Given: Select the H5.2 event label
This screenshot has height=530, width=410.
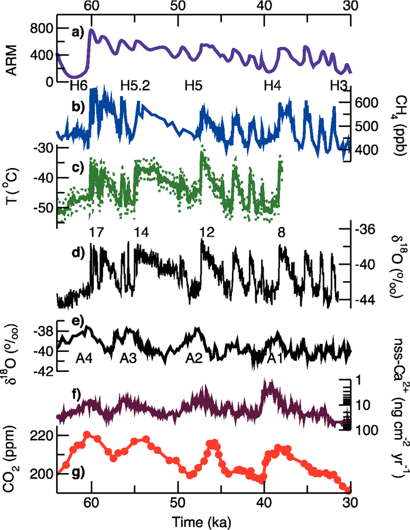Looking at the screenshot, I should tap(135, 86).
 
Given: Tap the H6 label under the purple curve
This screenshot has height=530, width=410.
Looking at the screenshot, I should tap(78, 86).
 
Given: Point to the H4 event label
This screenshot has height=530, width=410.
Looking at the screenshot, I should tap(272, 86).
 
